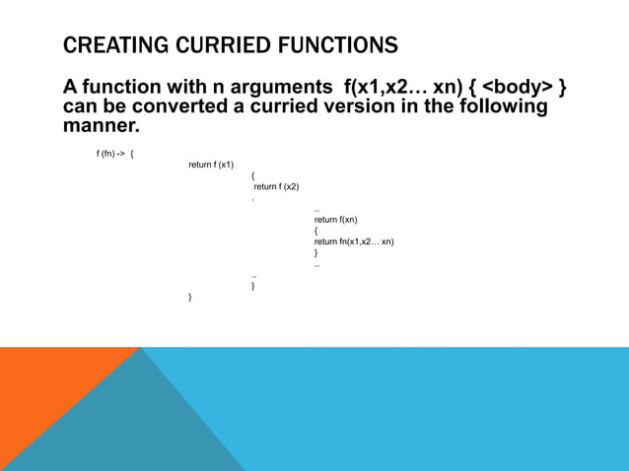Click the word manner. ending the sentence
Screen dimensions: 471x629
(102, 126)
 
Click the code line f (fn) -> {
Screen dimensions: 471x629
(115, 154)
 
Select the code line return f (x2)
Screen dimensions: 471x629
(277, 186)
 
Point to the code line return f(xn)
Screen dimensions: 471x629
(335, 220)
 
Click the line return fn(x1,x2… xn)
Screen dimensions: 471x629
(354, 241)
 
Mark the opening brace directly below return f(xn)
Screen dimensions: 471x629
(315, 231)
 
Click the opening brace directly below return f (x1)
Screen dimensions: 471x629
(253, 175)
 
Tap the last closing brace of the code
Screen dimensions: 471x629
(190, 296)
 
